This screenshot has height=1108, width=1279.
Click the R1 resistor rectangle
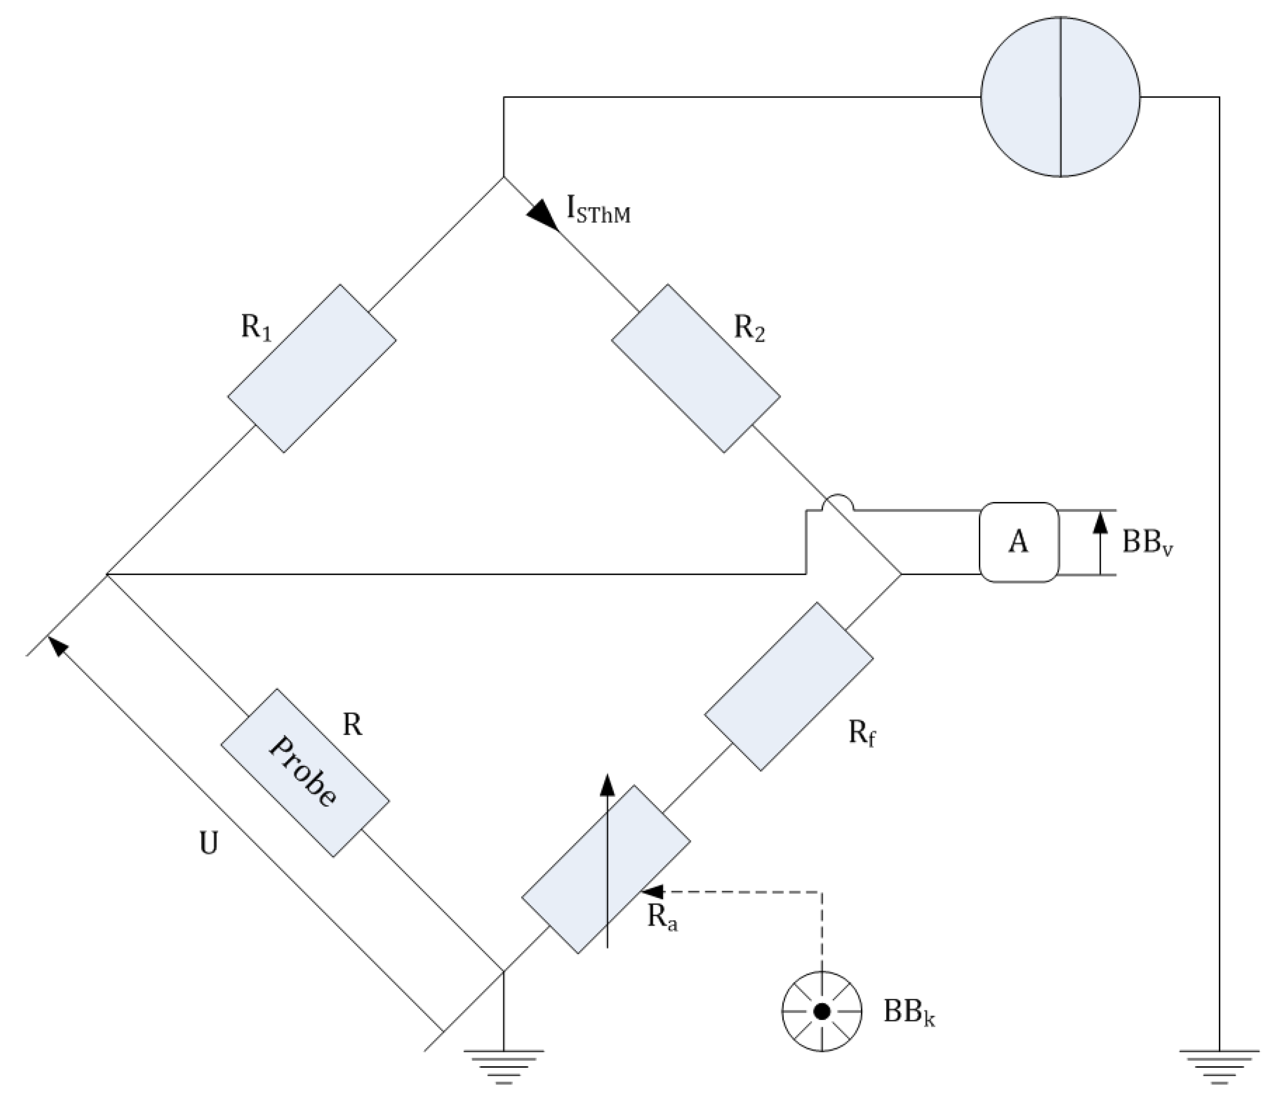tap(312, 369)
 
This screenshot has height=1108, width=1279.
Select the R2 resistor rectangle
tap(696, 369)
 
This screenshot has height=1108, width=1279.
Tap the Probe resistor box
tap(305, 772)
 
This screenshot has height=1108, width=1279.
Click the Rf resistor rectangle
tap(789, 686)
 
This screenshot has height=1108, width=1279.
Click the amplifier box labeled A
tap(1018, 542)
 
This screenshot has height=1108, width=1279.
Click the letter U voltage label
tap(209, 843)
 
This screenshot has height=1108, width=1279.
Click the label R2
tap(749, 329)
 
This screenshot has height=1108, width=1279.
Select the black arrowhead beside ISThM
tap(542, 215)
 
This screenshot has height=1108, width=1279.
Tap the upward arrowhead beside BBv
tap(1100, 522)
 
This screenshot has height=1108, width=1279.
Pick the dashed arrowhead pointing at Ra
tap(652, 891)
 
